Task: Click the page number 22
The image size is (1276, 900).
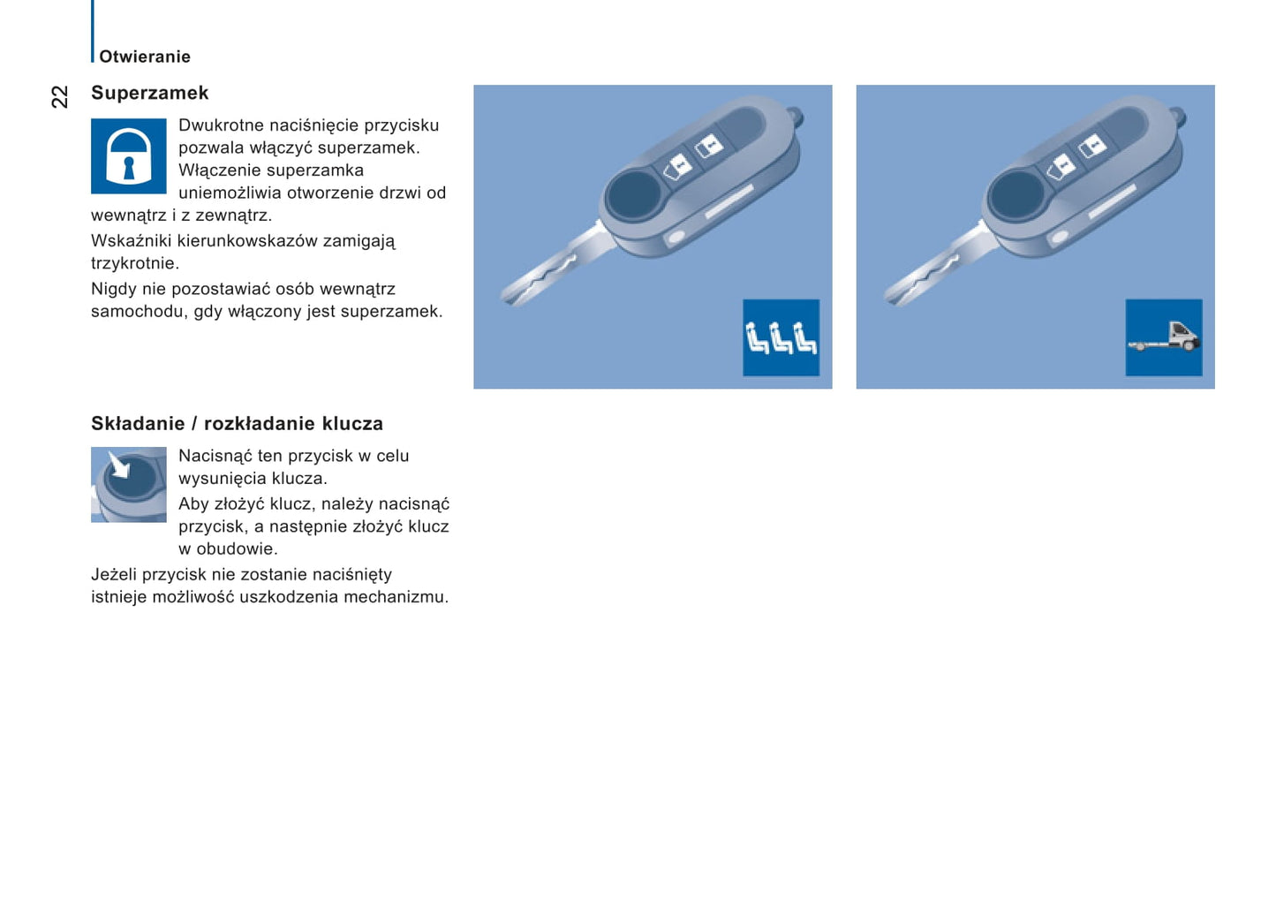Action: point(59,96)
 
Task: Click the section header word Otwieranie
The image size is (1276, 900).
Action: point(145,57)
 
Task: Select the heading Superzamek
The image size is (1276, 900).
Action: point(150,93)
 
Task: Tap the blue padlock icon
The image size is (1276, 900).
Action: point(129,156)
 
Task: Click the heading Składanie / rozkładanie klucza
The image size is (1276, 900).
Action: point(237,424)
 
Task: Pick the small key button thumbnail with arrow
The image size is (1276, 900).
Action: point(129,484)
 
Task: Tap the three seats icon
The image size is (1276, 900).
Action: point(781,337)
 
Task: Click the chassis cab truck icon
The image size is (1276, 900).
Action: point(1163,337)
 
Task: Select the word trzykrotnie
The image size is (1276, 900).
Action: point(133,263)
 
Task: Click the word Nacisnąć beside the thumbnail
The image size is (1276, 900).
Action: point(215,457)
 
